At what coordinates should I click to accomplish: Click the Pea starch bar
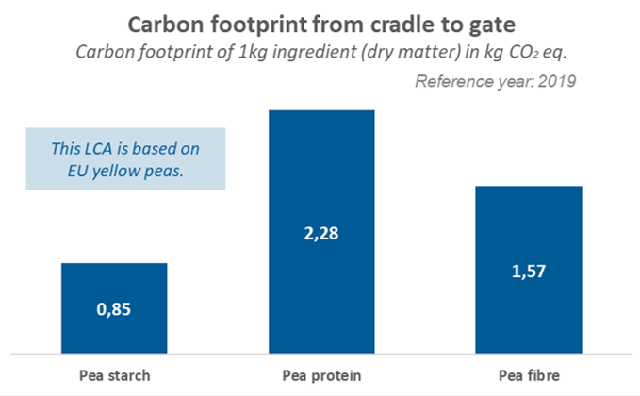114,283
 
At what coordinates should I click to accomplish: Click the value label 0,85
114,309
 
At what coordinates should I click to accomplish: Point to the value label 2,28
321,232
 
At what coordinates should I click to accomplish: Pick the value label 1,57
529,271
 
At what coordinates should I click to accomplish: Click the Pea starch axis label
114,375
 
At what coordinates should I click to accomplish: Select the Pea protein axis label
321,375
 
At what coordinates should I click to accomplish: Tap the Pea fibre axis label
529,375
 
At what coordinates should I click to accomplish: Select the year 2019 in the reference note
556,81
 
